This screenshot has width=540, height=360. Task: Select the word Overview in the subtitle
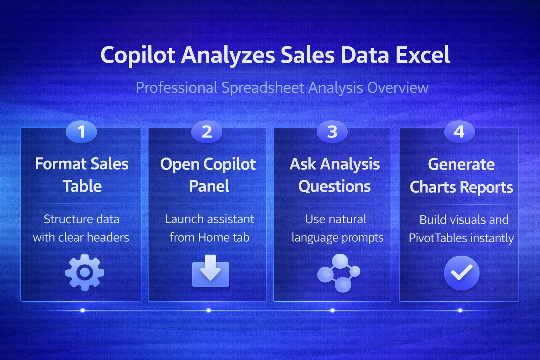coord(398,88)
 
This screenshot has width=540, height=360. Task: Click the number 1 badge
coord(81,131)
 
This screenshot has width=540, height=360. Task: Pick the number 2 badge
coord(207,131)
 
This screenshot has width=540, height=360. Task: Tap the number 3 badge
coord(332,131)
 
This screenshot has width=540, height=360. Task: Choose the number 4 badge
coord(459,131)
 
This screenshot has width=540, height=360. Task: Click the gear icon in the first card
coord(85,272)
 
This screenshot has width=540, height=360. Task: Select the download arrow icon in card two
coord(211,271)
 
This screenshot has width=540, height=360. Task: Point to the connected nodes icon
coord(339,273)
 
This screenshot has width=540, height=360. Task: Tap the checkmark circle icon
coord(462,273)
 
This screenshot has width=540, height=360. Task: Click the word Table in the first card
coord(82,186)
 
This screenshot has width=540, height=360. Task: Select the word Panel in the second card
coord(209,186)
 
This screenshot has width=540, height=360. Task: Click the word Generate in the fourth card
coord(461,165)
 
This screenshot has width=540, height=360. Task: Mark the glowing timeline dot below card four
coord(460,310)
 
